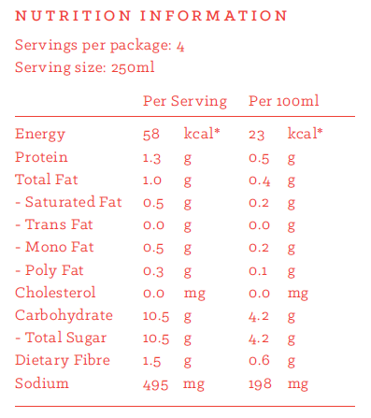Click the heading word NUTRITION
[x=73, y=16]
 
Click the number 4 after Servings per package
[x=180, y=47]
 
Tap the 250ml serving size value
[x=133, y=67]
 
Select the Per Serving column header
[x=185, y=101]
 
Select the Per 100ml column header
[x=283, y=101]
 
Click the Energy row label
[x=40, y=135]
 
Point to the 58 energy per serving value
[x=151, y=135]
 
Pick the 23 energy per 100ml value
[x=256, y=135]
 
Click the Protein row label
[x=41, y=157]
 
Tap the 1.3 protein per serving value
[x=151, y=158]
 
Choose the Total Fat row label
[x=46, y=180]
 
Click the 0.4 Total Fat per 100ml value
[x=259, y=180]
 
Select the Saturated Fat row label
[x=68, y=202]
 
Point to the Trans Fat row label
[x=54, y=224]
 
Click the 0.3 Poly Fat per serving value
[x=153, y=271]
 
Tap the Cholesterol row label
[x=55, y=293]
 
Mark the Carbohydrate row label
[x=64, y=315]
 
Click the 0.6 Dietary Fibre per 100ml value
[x=259, y=360]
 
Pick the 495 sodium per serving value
[x=155, y=384]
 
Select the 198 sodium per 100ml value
[x=260, y=384]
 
